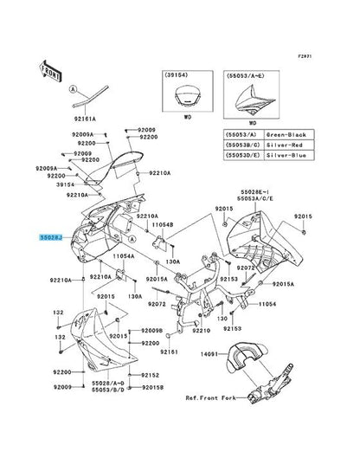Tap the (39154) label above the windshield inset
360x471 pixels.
[181, 77]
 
